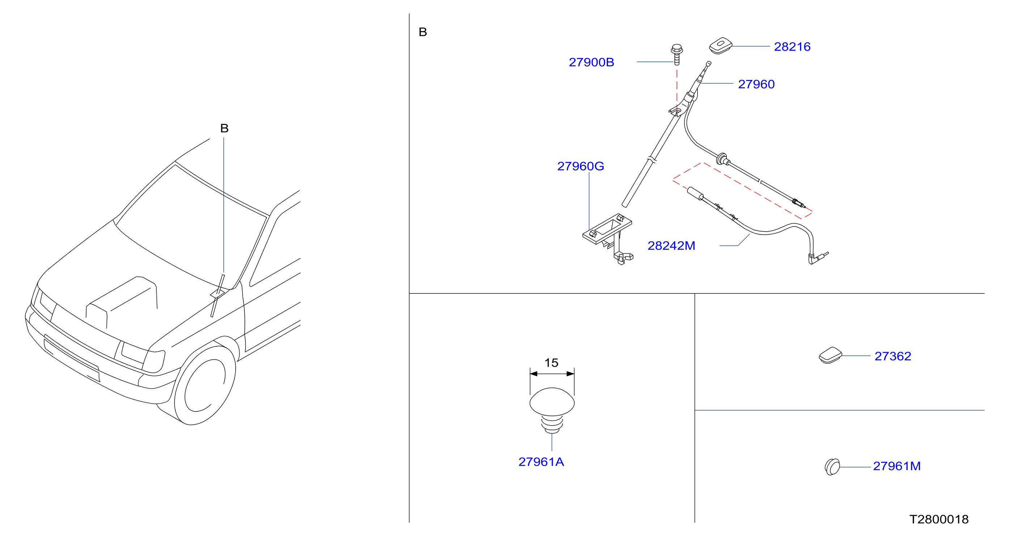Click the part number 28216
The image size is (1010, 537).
[792, 47]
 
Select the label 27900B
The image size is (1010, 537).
[591, 62]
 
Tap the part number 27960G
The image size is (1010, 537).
[581, 166]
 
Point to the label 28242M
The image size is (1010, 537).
[671, 246]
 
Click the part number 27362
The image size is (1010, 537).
[893, 356]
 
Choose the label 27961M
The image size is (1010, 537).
[897, 466]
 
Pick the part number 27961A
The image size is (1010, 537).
[541, 462]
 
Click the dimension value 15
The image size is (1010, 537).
[551, 363]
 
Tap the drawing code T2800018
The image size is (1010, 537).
[939, 519]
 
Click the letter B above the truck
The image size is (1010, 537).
[224, 128]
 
